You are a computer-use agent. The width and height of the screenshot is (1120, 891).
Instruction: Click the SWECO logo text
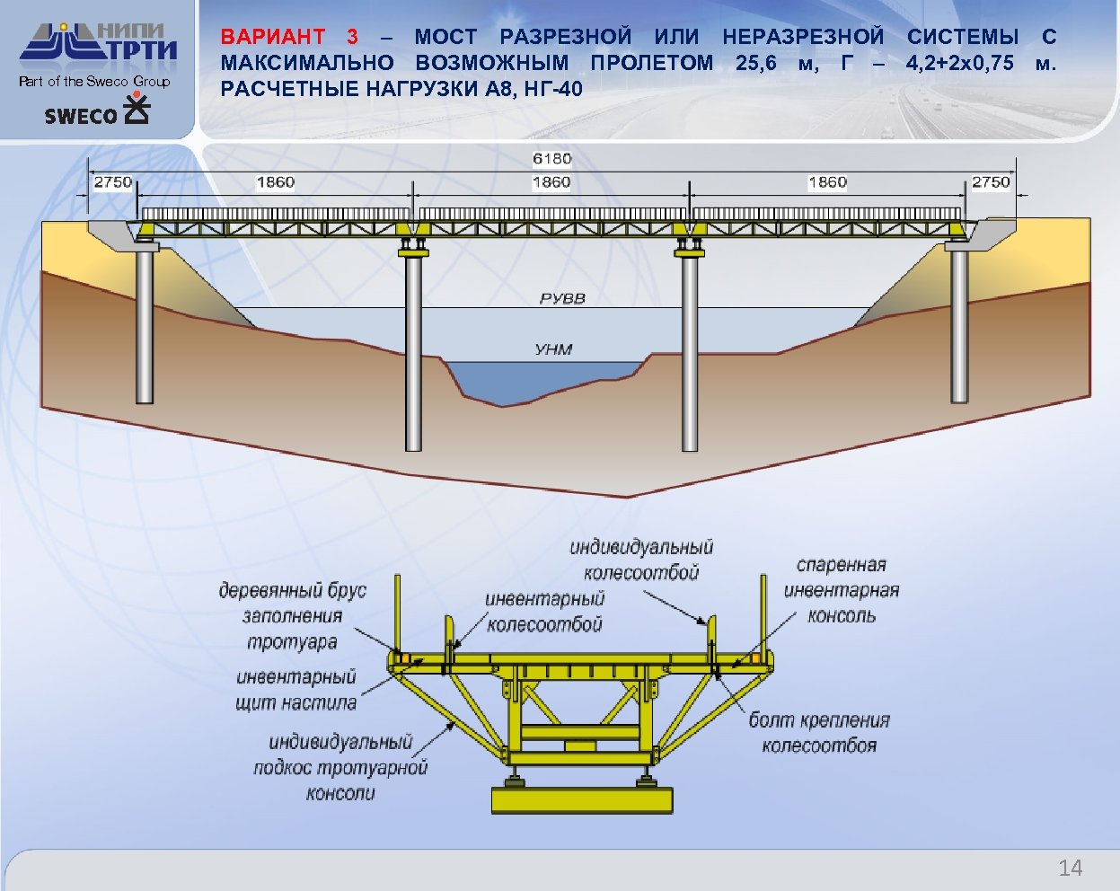coord(81,116)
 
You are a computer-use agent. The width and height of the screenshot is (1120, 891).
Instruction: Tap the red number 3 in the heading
coord(352,37)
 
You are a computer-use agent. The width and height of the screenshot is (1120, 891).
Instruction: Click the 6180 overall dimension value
coord(551,159)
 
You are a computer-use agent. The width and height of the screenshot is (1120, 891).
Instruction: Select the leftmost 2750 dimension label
coord(113,182)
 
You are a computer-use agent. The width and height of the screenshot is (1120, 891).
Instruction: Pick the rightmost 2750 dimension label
coord(991,182)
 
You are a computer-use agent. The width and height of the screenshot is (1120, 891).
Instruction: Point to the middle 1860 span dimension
coord(551,182)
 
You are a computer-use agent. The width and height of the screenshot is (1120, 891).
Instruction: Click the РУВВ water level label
coord(562,298)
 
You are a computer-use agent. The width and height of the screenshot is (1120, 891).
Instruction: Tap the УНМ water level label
coord(553,349)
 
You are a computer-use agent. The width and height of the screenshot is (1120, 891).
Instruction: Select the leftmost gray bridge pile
coord(145,328)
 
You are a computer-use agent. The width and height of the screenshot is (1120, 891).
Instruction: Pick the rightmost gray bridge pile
coord(959,328)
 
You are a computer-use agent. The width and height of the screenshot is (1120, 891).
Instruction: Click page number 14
coord(1070,868)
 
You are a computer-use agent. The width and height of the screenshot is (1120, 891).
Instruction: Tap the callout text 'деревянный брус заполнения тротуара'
coord(293,616)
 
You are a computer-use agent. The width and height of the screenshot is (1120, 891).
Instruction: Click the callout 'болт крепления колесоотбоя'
coord(819,733)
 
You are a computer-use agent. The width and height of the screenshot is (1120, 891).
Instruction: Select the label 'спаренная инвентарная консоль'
coord(841,590)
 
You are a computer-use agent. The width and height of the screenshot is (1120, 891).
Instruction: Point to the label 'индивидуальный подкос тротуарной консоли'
coord(340,767)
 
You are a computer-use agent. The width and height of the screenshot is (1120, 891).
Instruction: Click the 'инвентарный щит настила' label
coord(296,690)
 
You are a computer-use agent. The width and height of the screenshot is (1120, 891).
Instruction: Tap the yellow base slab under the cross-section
coord(582,799)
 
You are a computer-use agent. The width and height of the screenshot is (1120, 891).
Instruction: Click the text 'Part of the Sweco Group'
coord(94,82)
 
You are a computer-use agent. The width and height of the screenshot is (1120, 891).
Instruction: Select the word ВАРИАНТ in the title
coord(273,37)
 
